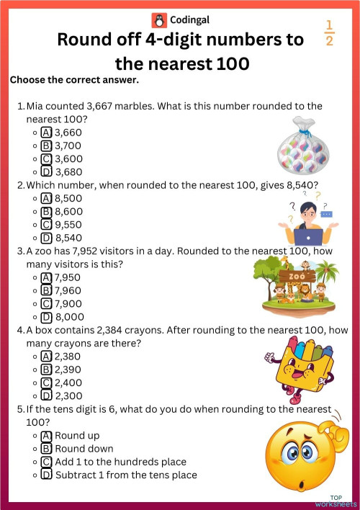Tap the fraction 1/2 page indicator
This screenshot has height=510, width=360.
pyautogui.click(x=330, y=32)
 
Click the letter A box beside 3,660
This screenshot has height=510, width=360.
pyautogui.click(x=47, y=133)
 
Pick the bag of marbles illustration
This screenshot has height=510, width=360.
pyautogui.click(x=303, y=148)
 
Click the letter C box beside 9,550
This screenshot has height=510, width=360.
pyautogui.click(x=47, y=225)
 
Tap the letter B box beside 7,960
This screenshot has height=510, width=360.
pyautogui.click(x=47, y=291)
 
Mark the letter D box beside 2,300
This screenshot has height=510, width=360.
pyautogui.click(x=47, y=396)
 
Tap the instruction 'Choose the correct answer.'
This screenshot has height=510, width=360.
pyautogui.click(x=74, y=80)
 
